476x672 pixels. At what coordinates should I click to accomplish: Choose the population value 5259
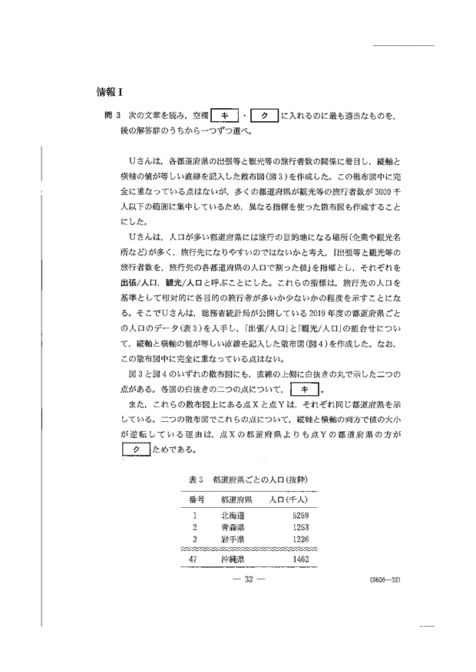(301, 516)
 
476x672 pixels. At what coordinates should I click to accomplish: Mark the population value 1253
(301, 528)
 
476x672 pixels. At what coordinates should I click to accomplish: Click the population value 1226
(301, 540)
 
